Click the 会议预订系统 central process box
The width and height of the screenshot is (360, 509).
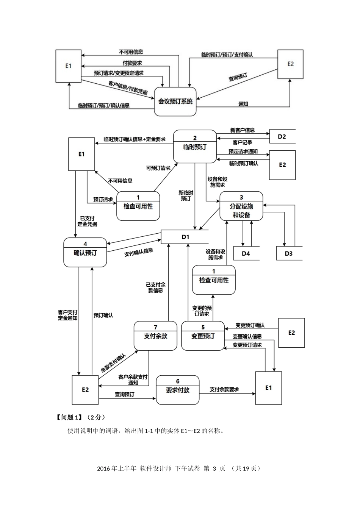(x=175, y=101)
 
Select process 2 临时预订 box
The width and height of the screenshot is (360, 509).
(x=195, y=147)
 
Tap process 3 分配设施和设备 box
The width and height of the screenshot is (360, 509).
(x=241, y=206)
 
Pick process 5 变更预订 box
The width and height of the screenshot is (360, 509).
(x=203, y=336)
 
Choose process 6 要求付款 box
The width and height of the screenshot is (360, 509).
(x=178, y=390)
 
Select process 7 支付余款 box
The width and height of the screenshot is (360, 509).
(x=155, y=336)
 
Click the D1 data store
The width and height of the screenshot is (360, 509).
(x=185, y=237)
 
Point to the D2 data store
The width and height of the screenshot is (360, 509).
(x=282, y=137)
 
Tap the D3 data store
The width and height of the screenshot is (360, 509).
(x=289, y=253)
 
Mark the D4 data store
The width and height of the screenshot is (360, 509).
(x=246, y=253)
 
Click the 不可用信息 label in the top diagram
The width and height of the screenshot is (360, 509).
(x=131, y=52)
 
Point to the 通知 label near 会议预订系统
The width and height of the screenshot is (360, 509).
(x=243, y=104)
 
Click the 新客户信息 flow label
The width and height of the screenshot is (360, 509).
(x=243, y=130)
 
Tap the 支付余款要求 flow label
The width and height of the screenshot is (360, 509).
(x=224, y=389)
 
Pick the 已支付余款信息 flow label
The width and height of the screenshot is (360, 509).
(x=156, y=287)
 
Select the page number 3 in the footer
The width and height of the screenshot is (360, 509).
(x=214, y=468)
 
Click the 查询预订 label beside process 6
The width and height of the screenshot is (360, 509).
(x=125, y=395)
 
